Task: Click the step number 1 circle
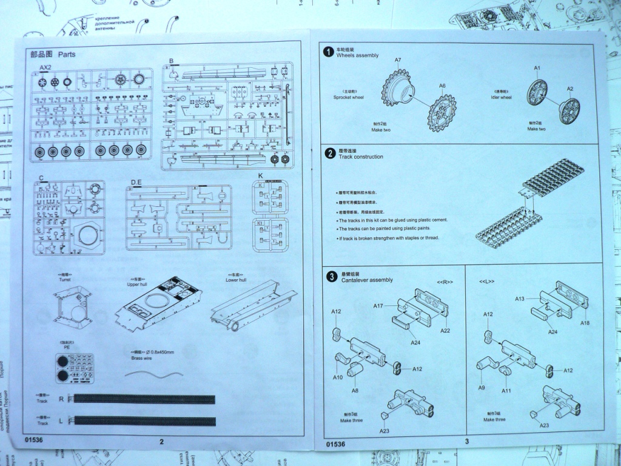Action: click(328, 52)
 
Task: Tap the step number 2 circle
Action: click(330, 154)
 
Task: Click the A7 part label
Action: click(398, 61)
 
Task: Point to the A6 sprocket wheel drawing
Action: click(442, 112)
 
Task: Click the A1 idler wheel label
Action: click(537, 67)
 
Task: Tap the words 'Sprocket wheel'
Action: click(349, 98)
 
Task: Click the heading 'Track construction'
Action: click(361, 157)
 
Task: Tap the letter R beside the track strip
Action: click(61, 399)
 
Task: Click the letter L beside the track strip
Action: click(61, 420)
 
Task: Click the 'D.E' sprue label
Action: click(136, 181)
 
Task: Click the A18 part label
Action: click(585, 323)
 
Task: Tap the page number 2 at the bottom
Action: click(161, 442)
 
